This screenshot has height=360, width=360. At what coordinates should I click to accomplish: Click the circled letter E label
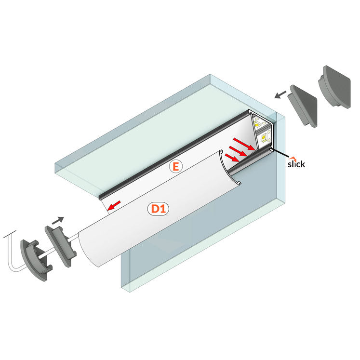(175, 167)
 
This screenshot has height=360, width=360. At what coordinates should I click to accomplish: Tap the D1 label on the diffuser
(159, 209)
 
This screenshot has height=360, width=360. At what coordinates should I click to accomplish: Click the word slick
(296, 164)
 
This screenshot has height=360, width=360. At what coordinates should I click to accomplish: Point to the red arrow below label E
(114, 205)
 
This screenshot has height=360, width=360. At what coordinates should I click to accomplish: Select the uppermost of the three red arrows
(244, 144)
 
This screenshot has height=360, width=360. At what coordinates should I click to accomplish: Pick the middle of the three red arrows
(238, 151)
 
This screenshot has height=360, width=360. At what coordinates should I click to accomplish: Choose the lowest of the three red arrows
(231, 158)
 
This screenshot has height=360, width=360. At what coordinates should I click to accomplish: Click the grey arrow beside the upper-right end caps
(280, 94)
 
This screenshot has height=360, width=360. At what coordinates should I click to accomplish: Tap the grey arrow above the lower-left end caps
(58, 220)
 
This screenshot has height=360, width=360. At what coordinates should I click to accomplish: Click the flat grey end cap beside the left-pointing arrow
(303, 105)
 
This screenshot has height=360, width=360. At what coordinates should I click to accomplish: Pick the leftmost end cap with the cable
(36, 259)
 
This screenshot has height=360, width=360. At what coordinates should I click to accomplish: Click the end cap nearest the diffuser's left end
(60, 246)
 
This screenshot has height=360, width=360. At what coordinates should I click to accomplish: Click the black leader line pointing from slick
(280, 153)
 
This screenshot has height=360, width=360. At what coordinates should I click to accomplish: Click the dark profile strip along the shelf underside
(174, 155)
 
